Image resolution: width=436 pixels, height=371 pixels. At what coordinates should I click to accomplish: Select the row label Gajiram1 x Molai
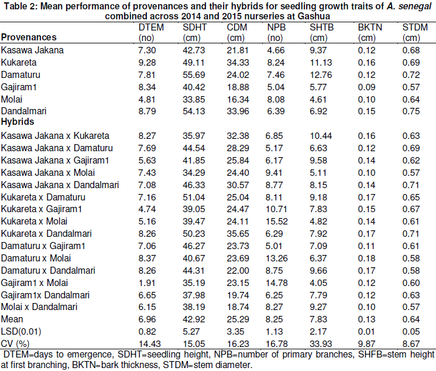pos(35,282)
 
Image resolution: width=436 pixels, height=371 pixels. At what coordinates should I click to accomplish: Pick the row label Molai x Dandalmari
pos(37,307)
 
